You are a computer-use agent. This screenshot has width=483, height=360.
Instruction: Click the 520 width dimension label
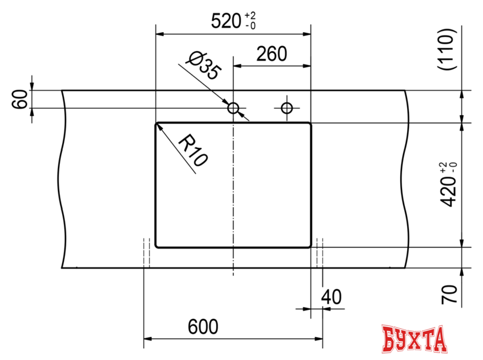point(225,22)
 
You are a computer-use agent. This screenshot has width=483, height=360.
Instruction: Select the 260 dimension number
point(271,55)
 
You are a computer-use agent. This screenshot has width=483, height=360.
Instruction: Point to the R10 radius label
point(191,150)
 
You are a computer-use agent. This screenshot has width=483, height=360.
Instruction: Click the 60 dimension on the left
point(20,99)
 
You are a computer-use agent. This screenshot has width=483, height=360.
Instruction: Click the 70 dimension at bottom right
point(451,294)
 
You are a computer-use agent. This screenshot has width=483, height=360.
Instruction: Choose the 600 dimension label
point(203,327)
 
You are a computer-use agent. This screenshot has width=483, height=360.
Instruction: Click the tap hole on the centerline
point(233,108)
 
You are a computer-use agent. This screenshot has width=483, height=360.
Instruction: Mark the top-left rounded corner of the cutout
point(158,124)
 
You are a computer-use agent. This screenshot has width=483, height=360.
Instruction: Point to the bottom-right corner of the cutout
point(309,246)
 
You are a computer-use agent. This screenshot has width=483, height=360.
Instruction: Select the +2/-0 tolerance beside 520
point(251,21)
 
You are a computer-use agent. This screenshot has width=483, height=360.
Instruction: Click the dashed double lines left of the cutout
point(147,253)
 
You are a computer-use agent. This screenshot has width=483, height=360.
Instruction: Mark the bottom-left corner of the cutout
point(158,246)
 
